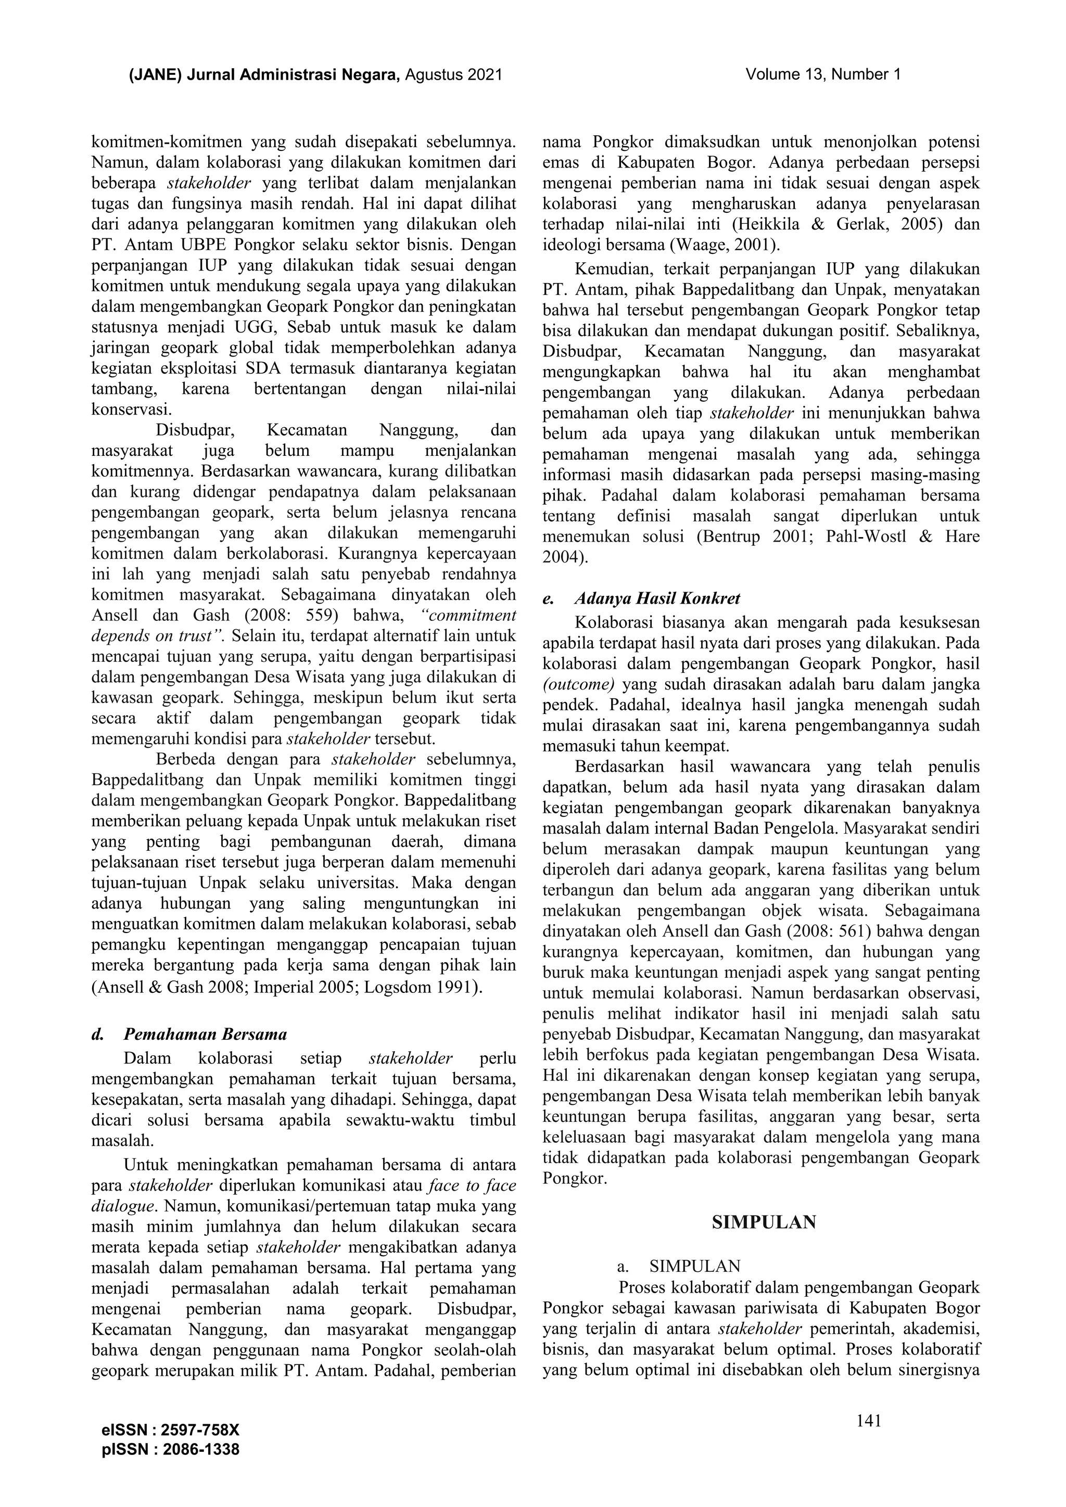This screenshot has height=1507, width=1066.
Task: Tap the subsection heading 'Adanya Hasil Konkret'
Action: tap(657, 598)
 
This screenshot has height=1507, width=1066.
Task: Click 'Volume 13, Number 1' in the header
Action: tap(822, 75)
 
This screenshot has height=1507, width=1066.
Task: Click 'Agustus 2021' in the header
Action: tap(453, 75)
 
